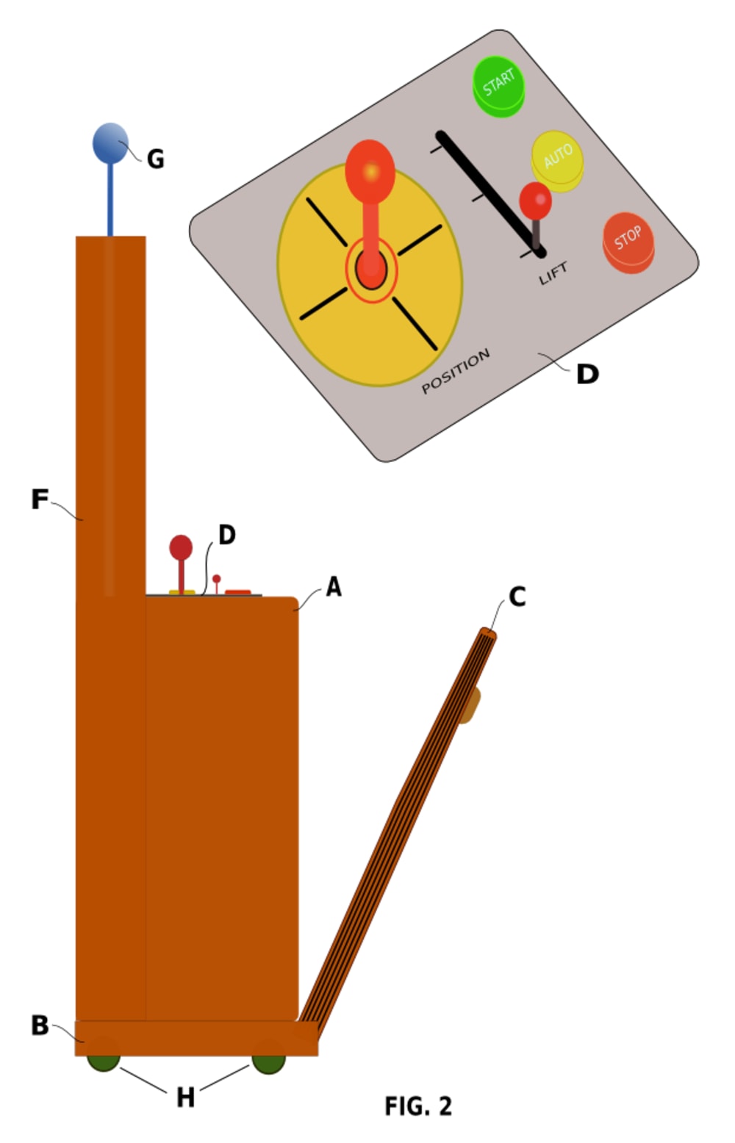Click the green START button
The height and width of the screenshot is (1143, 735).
click(x=498, y=84)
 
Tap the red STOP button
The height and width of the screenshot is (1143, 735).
click(x=628, y=240)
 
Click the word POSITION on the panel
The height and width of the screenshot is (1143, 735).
click(x=456, y=371)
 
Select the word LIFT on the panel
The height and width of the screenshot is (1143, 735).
click(x=553, y=274)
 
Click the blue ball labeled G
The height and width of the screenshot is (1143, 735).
click(x=110, y=143)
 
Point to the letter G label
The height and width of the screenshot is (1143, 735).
click(x=155, y=159)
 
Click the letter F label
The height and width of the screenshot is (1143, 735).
click(x=39, y=500)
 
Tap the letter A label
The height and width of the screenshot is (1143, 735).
click(x=334, y=588)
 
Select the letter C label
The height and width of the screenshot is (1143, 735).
click(x=517, y=597)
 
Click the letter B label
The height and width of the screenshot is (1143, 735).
click(x=40, y=1025)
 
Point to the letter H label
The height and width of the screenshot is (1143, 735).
click(x=185, y=1097)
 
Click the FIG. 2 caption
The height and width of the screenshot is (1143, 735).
click(x=418, y=1106)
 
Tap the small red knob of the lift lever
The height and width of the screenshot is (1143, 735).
click(x=535, y=200)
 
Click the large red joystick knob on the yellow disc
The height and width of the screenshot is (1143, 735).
click(x=370, y=170)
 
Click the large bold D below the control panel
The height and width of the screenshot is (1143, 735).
click(x=587, y=375)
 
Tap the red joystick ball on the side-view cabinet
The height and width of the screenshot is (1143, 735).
click(x=181, y=547)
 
